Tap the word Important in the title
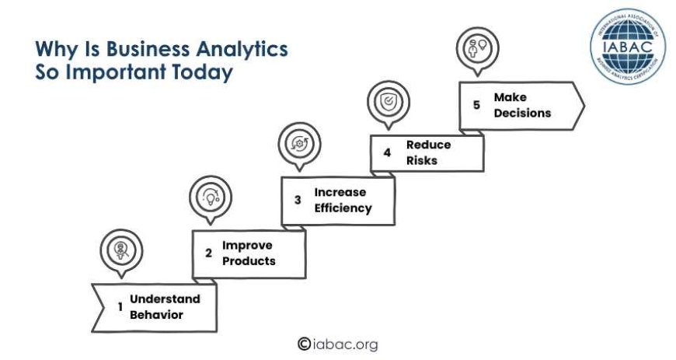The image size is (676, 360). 120,74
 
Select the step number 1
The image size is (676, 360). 120,307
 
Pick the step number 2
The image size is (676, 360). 208,253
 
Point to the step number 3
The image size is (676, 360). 298,200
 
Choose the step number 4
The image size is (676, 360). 387,152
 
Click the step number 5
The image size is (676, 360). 476,105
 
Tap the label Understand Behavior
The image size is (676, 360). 165,306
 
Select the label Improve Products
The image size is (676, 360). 249,253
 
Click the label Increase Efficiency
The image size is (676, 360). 343,200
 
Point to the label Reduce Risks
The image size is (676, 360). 427,152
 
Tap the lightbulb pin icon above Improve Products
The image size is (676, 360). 211,195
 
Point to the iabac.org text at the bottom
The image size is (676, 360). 346,344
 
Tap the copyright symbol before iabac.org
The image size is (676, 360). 304,344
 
